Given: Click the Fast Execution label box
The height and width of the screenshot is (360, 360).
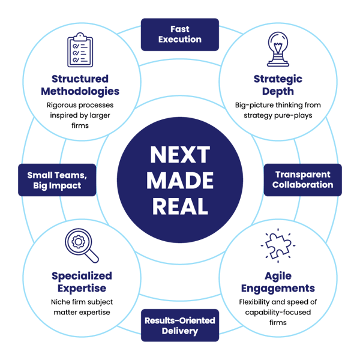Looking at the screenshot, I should [179, 34].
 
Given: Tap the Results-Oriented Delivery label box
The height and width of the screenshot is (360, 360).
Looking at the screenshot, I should [179, 325].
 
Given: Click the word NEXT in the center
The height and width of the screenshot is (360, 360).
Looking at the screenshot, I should [179, 155].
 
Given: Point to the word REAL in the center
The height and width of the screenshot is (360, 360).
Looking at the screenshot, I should [179, 205].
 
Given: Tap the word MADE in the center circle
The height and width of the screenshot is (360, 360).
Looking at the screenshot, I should [179, 180].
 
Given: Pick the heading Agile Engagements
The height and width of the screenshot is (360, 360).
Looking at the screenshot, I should [278, 281].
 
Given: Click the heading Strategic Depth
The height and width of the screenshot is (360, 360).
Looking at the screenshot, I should [278, 85].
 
